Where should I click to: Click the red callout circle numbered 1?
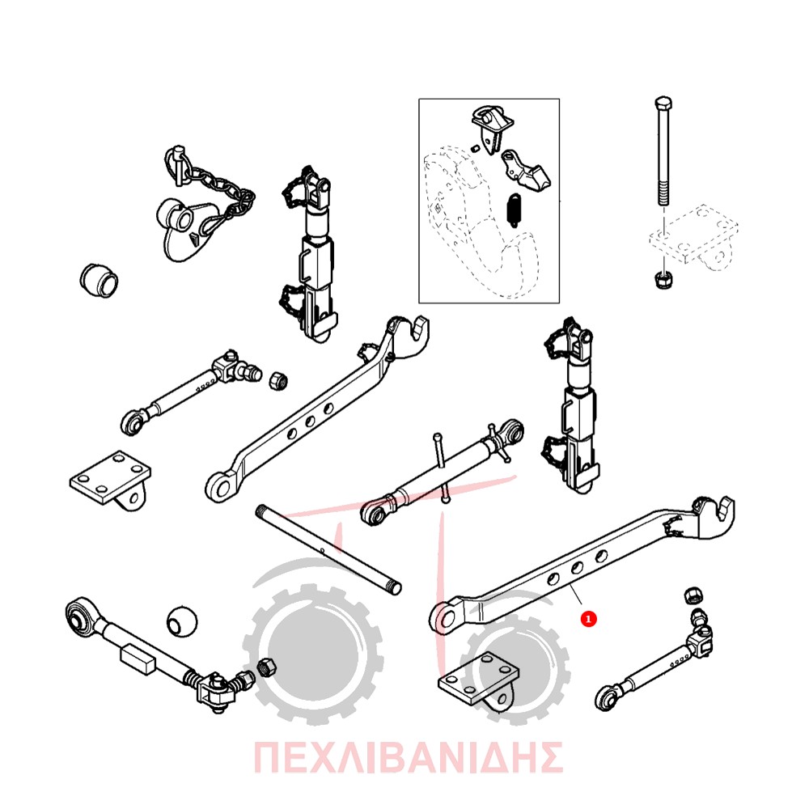[588, 618]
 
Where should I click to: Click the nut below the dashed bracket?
[662, 281]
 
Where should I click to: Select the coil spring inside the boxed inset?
[515, 210]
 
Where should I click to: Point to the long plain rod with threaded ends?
[328, 549]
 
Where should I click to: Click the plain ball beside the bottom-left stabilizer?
[182, 621]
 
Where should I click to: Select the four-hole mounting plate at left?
[110, 481]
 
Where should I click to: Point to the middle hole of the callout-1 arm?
[577, 568]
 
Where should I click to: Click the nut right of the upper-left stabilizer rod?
[278, 381]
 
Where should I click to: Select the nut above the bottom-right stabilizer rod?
[694, 595]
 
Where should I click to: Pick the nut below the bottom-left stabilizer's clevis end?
[266, 667]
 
